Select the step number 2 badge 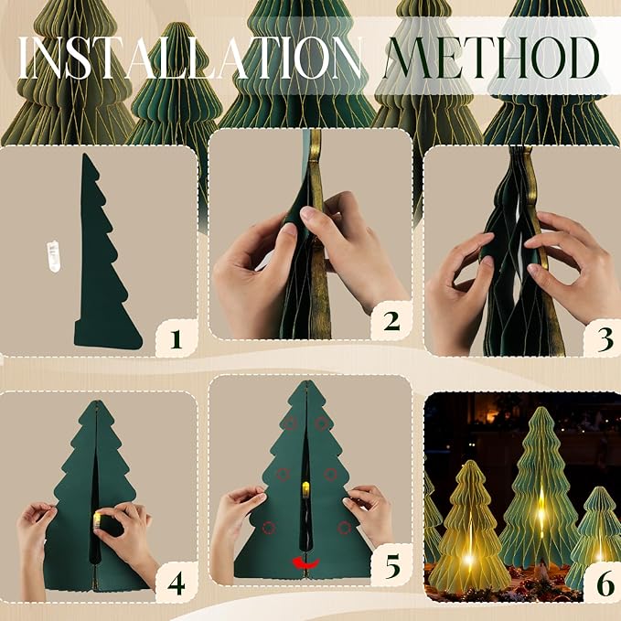(391, 321)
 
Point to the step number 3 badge (603, 338)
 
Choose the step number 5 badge (391, 566)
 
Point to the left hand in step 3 (462, 293)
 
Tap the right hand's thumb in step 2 (316, 219)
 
